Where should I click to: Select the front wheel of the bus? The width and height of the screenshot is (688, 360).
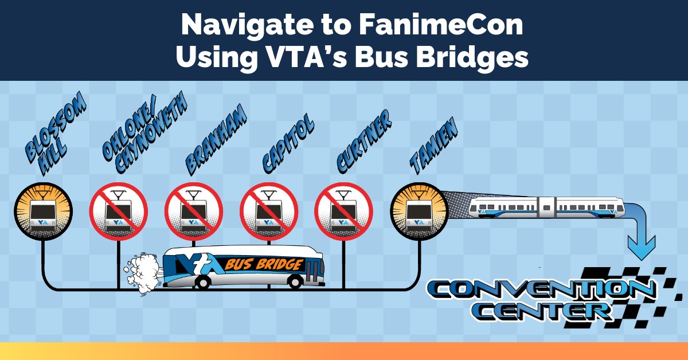click(x=296, y=281)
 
